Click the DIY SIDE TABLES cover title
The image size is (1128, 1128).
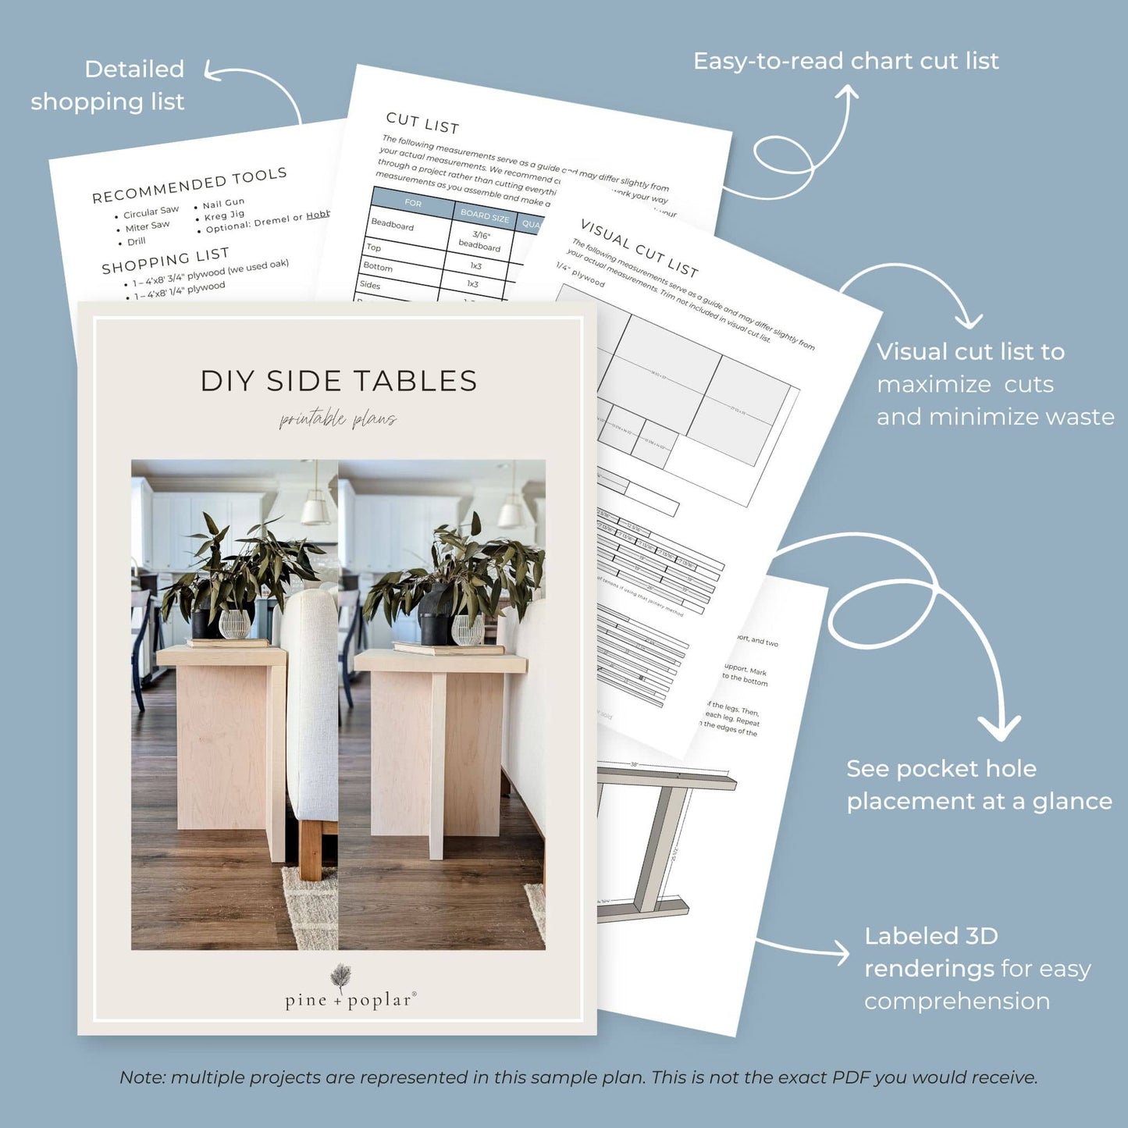(x=338, y=381)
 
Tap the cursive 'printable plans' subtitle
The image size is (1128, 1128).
(x=338, y=420)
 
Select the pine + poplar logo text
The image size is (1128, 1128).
(x=349, y=1000)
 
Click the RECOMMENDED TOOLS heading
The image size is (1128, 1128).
(x=190, y=186)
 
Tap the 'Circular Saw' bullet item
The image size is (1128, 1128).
(x=151, y=212)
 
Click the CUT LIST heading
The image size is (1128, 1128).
(x=422, y=123)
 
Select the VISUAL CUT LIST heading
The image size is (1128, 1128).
(x=639, y=248)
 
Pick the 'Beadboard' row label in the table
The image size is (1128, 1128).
(x=393, y=225)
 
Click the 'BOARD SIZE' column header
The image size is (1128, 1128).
(x=484, y=215)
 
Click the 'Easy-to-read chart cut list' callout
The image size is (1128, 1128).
(x=845, y=61)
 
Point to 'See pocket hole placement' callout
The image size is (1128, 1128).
(x=979, y=785)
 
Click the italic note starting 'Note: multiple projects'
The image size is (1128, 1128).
(x=578, y=1077)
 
